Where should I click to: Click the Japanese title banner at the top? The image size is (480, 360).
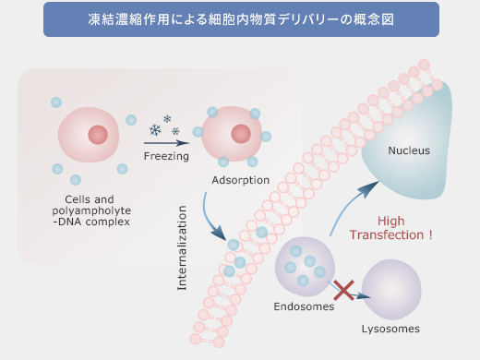pyautogui.click(x=240, y=20)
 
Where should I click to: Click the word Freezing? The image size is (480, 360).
pyautogui.click(x=166, y=156)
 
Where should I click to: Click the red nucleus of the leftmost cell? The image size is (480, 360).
pyautogui.click(x=98, y=135)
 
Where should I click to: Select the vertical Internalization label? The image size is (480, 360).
pyautogui.click(x=182, y=256)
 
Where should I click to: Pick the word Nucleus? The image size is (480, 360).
pyautogui.click(x=409, y=150)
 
